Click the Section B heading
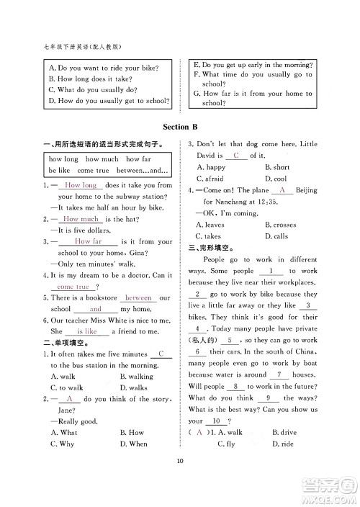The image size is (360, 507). (180, 127)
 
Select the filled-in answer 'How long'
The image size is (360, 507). (80, 185)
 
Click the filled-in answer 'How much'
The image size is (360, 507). (81, 219)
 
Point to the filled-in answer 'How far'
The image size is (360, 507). (88, 242)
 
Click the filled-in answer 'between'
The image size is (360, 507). (138, 297)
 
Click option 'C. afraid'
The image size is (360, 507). (210, 179)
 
